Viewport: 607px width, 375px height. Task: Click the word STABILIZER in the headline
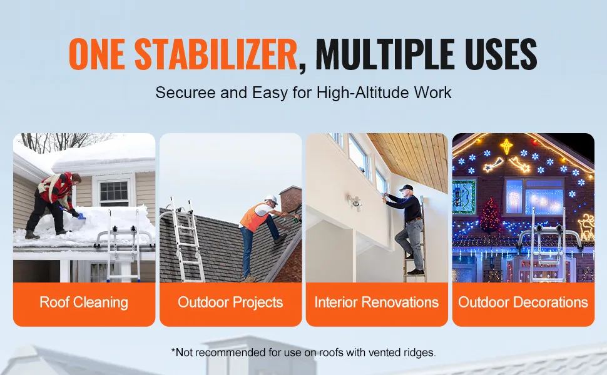[216, 54]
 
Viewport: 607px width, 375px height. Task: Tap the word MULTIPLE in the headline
[385, 54]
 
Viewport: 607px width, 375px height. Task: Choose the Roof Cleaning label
[84, 302]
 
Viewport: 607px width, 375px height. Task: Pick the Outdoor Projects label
[230, 302]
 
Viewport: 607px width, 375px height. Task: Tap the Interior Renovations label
[376, 302]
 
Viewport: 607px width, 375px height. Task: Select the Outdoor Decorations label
[523, 302]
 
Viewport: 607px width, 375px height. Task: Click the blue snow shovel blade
[81, 216]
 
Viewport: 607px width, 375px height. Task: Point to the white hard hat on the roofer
[272, 199]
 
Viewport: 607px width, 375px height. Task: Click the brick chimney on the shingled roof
[291, 199]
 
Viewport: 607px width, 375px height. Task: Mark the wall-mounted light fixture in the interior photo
[354, 202]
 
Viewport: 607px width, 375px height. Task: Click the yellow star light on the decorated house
[506, 147]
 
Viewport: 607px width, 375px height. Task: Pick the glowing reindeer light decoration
[586, 227]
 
